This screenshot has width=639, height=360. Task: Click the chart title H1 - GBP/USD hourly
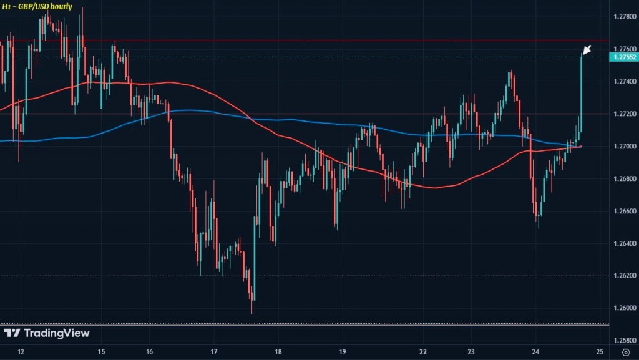click(x=37, y=7)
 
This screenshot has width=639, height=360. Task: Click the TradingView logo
click(x=47, y=333)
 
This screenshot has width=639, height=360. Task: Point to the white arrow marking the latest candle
click(x=587, y=50)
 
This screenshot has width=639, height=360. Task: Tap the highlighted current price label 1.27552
click(x=622, y=57)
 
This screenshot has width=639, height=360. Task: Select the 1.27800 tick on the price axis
click(x=622, y=16)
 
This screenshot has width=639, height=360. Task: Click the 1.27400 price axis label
click(x=622, y=82)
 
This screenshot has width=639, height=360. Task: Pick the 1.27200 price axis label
click(x=622, y=114)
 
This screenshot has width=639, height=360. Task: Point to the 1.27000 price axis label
click(x=622, y=147)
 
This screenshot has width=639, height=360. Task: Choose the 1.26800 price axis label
click(x=622, y=179)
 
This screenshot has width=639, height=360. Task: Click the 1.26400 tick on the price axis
click(x=622, y=244)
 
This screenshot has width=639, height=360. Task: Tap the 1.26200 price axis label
click(x=622, y=276)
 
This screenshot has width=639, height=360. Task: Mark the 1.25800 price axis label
click(x=622, y=341)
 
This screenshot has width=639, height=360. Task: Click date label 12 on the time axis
click(x=22, y=352)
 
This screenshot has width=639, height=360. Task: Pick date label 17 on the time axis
click(x=214, y=352)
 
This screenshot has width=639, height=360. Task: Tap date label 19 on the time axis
click(x=342, y=352)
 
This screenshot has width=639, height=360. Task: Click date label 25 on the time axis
click(x=600, y=352)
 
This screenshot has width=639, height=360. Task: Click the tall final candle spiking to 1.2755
click(x=582, y=87)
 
